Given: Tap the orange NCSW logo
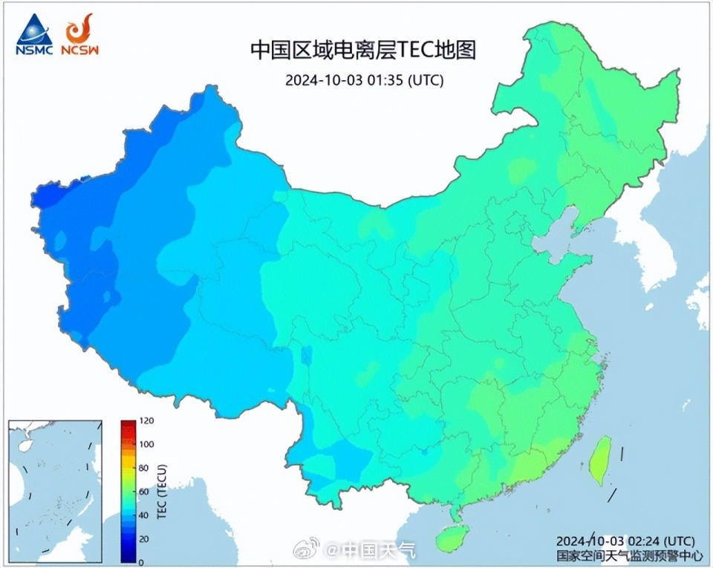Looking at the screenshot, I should [x=79, y=35].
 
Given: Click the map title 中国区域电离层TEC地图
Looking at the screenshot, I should [x=362, y=50].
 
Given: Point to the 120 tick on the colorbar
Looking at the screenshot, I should [x=146, y=421].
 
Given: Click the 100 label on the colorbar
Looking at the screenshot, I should [x=146, y=445].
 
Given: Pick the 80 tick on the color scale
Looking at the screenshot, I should [x=143, y=469].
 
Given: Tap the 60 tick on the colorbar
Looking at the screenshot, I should [x=143, y=492].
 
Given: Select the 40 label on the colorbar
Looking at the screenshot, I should [x=143, y=515].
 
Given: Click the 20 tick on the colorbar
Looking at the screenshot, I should [x=143, y=539].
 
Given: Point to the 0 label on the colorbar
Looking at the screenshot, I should [x=141, y=562].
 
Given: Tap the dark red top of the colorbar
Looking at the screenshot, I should [x=128, y=425].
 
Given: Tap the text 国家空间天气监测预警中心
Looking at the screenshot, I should [x=625, y=554].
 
